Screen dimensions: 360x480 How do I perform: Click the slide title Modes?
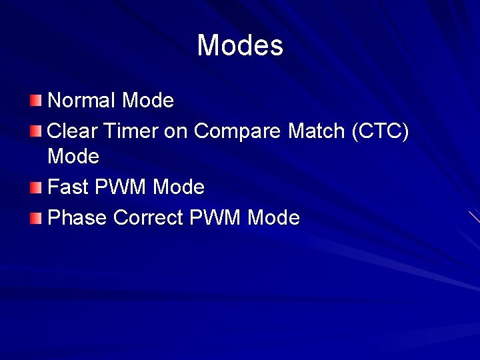point(240,46)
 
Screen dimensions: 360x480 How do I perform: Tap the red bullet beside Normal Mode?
point(35,101)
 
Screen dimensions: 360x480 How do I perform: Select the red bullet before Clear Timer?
point(35,131)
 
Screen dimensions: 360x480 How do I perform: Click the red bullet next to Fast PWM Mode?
point(35,187)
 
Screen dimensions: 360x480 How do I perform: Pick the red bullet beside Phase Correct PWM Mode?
point(35,217)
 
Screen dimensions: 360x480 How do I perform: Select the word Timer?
point(130,131)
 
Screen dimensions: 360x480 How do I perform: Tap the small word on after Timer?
point(175,131)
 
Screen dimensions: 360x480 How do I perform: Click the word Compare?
point(238,131)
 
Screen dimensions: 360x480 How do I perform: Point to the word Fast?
point(69,187)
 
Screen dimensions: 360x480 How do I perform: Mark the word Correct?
point(148,217)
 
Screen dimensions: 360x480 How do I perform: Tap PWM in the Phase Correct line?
point(215,217)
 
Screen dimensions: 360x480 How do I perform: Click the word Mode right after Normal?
point(149,101)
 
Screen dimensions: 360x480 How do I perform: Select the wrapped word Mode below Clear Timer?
point(73,157)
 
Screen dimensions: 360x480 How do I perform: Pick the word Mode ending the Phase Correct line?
point(274,217)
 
